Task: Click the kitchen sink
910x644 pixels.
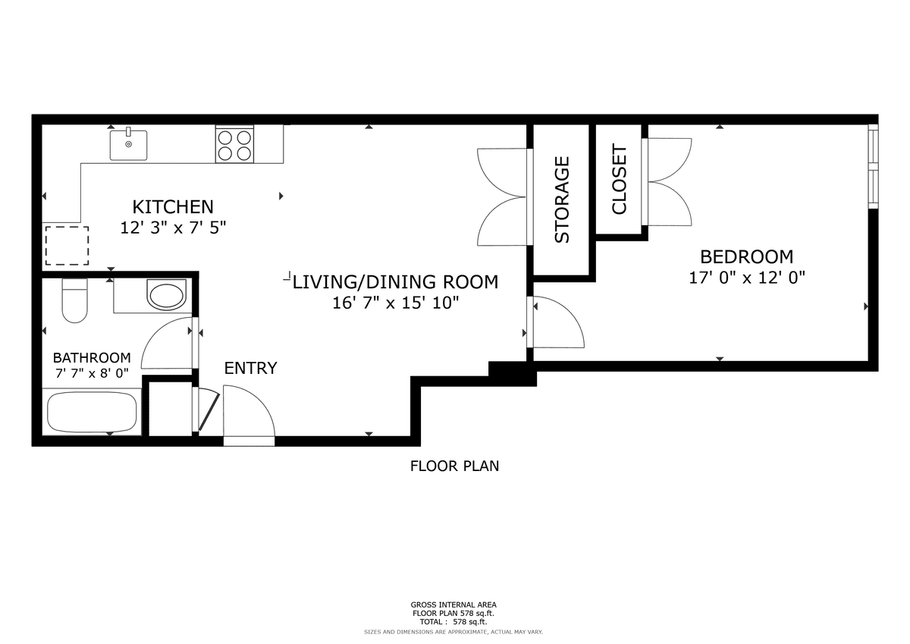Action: pyautogui.click(x=128, y=145)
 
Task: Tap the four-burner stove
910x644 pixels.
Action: pyautogui.click(x=234, y=144)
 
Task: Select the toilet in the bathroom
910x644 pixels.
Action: pyautogui.click(x=75, y=300)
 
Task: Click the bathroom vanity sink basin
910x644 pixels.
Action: pyautogui.click(x=165, y=295)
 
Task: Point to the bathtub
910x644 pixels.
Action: pyautogui.click(x=92, y=413)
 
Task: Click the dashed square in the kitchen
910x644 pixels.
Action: pyautogui.click(x=67, y=246)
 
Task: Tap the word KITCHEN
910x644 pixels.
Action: pyautogui.click(x=173, y=207)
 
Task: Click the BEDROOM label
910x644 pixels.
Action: pyautogui.click(x=747, y=257)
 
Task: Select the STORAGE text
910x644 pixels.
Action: pyautogui.click(x=562, y=200)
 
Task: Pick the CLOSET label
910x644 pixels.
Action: pyautogui.click(x=620, y=179)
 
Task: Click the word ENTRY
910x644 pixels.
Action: pyautogui.click(x=251, y=368)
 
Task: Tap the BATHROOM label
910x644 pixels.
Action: pyautogui.click(x=92, y=358)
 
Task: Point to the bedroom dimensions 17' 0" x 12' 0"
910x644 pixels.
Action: pyautogui.click(x=747, y=278)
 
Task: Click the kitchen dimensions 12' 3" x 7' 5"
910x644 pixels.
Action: pyautogui.click(x=173, y=228)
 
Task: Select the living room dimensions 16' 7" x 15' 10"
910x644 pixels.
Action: pyautogui.click(x=396, y=303)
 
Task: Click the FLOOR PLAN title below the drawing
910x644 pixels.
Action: pyautogui.click(x=454, y=466)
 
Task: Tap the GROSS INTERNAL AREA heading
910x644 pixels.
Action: pyautogui.click(x=453, y=605)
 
